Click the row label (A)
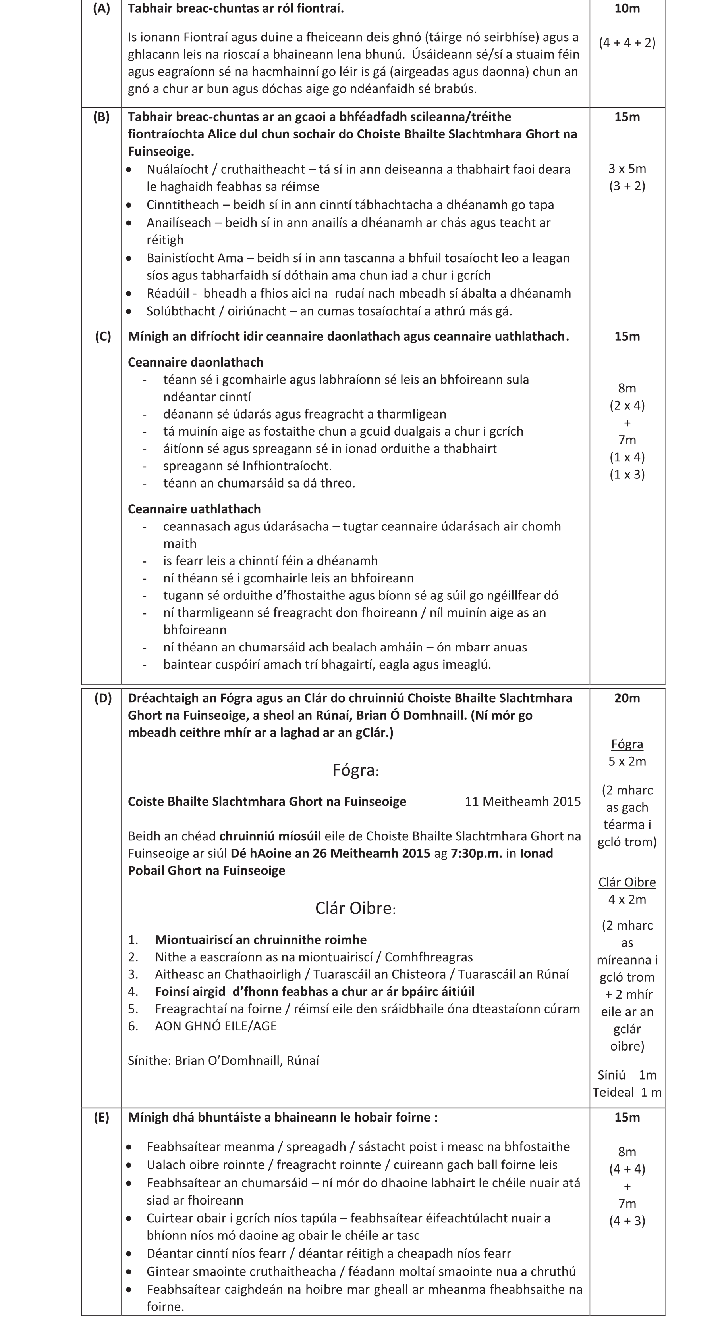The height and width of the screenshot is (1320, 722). (x=102, y=9)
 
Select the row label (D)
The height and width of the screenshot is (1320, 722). (x=102, y=698)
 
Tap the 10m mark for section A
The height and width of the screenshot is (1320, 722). (x=627, y=9)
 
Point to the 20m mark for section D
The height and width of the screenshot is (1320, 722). (x=627, y=698)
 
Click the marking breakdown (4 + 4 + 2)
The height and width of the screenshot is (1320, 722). (x=627, y=43)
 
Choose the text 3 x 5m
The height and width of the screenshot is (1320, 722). (x=627, y=169)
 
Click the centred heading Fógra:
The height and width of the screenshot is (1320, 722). (x=355, y=770)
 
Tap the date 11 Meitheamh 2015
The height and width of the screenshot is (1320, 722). (x=523, y=801)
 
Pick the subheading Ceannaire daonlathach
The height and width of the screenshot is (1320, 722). (x=195, y=362)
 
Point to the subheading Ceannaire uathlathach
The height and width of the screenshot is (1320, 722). (x=194, y=509)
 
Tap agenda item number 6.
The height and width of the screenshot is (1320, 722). (x=133, y=1026)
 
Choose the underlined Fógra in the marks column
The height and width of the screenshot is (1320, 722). (x=627, y=744)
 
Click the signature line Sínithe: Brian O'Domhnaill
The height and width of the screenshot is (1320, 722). (x=223, y=1060)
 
